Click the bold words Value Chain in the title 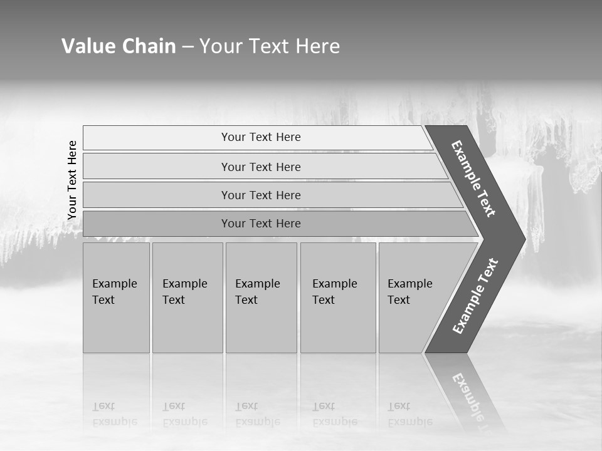click(x=119, y=46)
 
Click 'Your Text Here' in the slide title click(x=270, y=46)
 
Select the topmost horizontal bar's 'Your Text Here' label click(x=261, y=137)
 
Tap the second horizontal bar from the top click(x=261, y=167)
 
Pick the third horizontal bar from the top click(x=261, y=195)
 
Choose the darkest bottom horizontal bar click(x=261, y=224)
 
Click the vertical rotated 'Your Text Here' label click(x=72, y=180)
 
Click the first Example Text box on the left click(x=116, y=298)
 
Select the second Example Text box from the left click(x=187, y=298)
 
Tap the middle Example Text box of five click(x=261, y=298)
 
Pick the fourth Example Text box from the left click(x=338, y=298)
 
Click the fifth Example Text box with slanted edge click(x=414, y=298)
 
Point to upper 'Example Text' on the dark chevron click(x=473, y=179)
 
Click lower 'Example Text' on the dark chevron click(x=475, y=296)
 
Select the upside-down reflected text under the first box click(x=114, y=414)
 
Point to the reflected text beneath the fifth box click(x=409, y=414)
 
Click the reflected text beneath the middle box click(x=257, y=414)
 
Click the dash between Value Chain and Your click(x=187, y=47)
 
